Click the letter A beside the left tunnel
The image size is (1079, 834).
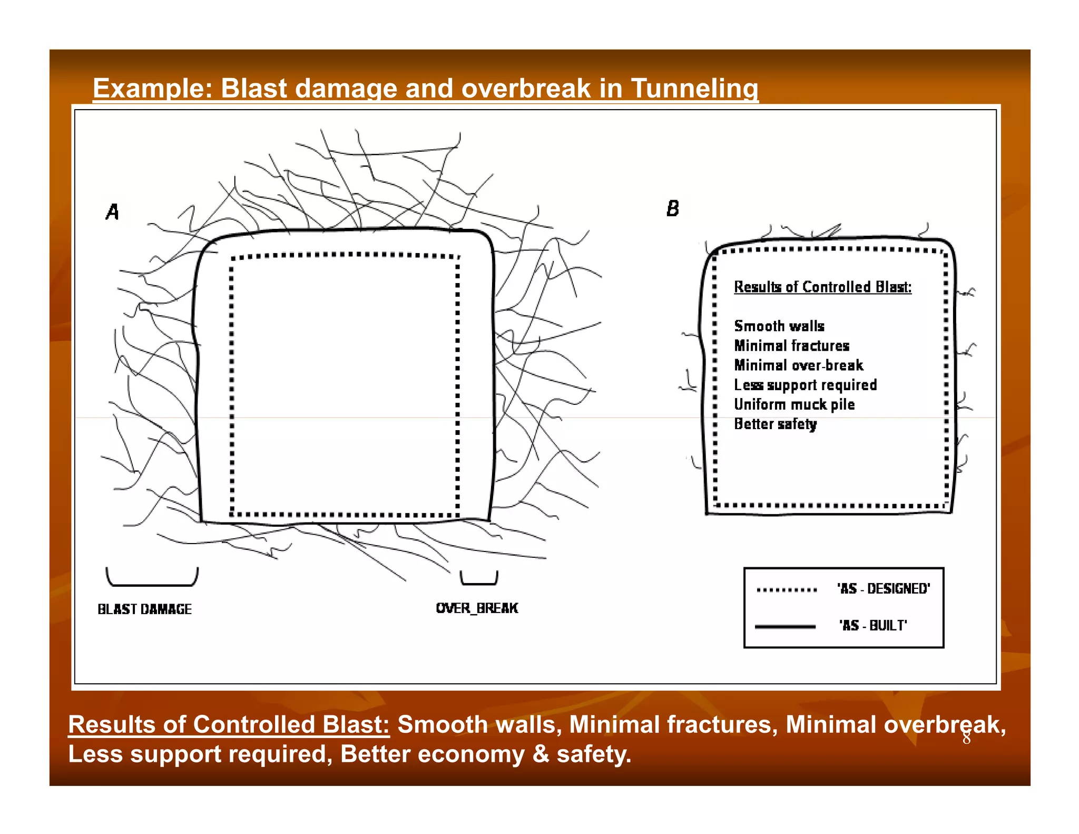112,212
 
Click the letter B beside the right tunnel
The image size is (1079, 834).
673,209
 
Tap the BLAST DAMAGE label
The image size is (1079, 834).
144,609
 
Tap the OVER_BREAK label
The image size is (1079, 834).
477,608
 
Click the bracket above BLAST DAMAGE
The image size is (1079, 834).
152,579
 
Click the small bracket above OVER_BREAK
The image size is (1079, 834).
478,580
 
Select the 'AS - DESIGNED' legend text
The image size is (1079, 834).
884,589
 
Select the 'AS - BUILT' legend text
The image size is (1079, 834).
873,626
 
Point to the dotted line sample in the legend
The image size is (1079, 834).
787,590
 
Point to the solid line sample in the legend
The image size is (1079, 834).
785,627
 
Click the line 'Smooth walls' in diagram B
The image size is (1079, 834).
779,326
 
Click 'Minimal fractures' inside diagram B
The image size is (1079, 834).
791,346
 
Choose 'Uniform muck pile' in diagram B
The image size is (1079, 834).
794,405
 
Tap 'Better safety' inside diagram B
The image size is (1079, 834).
775,424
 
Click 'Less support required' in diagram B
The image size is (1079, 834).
805,385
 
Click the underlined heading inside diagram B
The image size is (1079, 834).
822,287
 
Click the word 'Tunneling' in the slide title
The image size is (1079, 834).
694,89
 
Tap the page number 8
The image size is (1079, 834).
966,739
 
